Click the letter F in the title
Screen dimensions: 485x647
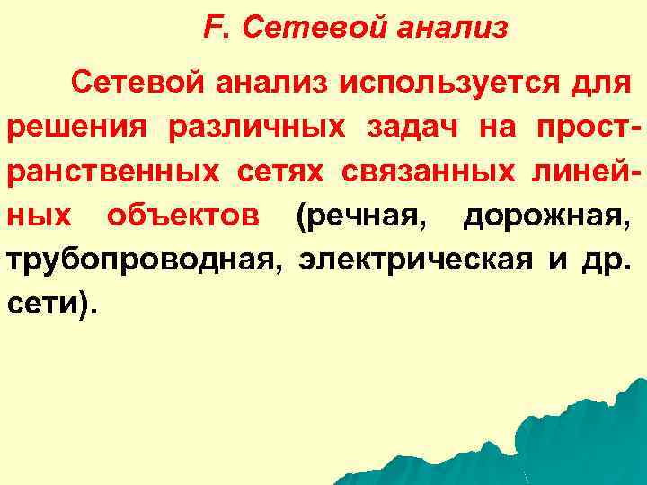[x=211, y=29]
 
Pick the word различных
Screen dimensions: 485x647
[x=256, y=128]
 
